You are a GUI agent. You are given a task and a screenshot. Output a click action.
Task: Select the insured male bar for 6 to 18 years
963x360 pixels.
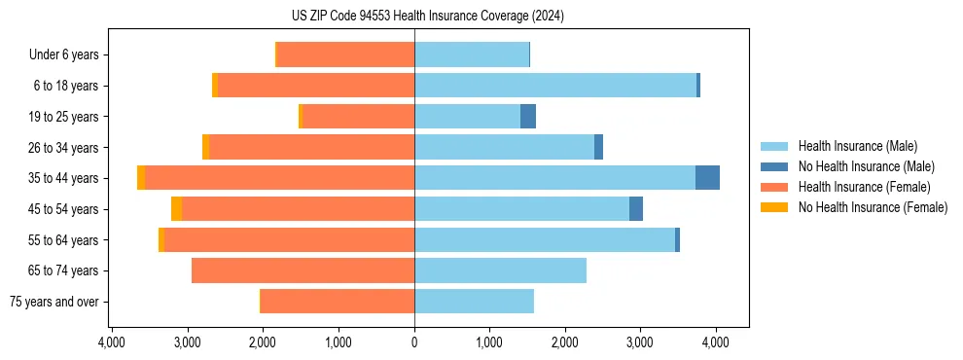[x=555, y=86]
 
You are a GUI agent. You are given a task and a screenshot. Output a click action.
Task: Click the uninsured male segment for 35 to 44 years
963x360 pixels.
[x=707, y=178]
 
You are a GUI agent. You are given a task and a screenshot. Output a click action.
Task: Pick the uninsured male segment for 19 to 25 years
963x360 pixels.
[x=528, y=117]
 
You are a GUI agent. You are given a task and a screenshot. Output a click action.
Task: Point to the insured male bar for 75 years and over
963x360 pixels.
[x=474, y=302]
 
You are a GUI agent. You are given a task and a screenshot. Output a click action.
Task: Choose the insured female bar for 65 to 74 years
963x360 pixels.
[x=303, y=270]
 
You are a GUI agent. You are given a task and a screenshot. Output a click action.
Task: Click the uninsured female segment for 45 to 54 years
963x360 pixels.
[x=176, y=209]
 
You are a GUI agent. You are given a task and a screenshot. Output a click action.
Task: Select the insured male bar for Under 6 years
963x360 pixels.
[x=472, y=54]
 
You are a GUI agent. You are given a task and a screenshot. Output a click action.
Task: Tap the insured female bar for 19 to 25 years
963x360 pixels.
[x=358, y=117]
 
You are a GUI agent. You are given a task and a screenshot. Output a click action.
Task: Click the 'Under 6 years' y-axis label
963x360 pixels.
[x=63, y=54]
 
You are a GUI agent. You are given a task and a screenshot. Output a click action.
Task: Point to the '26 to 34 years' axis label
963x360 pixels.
[x=62, y=148]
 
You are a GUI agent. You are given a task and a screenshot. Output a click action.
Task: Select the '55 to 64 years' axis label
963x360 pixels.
[x=62, y=240]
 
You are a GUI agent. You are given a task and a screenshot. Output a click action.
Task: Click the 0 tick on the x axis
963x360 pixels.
[x=414, y=342]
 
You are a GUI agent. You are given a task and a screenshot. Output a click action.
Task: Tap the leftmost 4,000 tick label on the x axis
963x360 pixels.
[x=112, y=342]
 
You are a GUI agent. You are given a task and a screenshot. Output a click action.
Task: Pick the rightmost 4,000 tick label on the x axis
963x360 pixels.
[x=716, y=342]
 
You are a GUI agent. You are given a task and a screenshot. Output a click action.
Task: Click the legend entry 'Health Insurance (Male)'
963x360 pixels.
[x=857, y=146]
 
